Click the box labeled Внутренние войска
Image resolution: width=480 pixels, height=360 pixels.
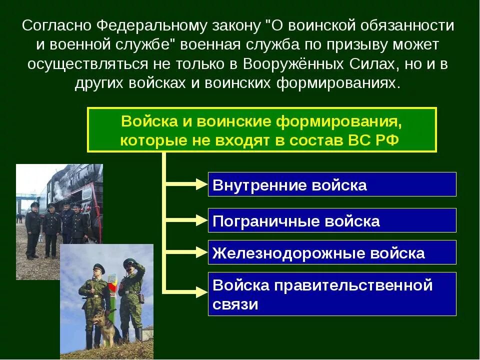coord(332,184)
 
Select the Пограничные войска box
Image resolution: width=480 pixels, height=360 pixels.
coord(332,220)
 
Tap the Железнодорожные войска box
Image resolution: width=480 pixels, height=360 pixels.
coord(332,252)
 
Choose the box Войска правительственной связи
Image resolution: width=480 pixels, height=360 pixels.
coord(332,294)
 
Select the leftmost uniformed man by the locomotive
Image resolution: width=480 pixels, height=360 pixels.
coord(33,230)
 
